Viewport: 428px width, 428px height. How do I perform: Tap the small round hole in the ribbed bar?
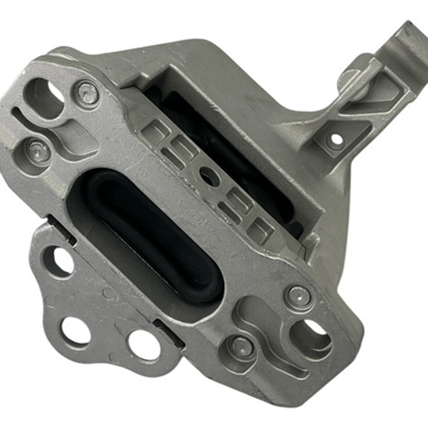point(209,176)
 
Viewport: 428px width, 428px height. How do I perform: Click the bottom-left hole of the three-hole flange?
point(75,330)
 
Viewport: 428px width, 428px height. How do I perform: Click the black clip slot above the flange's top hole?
point(61,230)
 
